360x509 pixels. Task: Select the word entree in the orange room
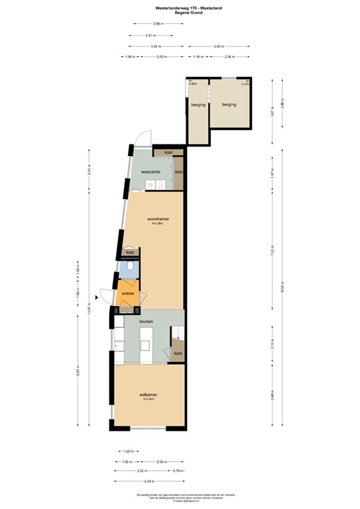click(127, 294)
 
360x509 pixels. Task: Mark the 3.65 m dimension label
click(218, 46)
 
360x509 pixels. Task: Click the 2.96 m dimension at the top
click(157, 24)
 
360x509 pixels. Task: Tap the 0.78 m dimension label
click(177, 471)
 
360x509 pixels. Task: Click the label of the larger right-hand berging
click(229, 105)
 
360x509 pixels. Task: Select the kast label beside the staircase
click(178, 354)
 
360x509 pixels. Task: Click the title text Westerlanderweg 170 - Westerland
click(180, 6)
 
